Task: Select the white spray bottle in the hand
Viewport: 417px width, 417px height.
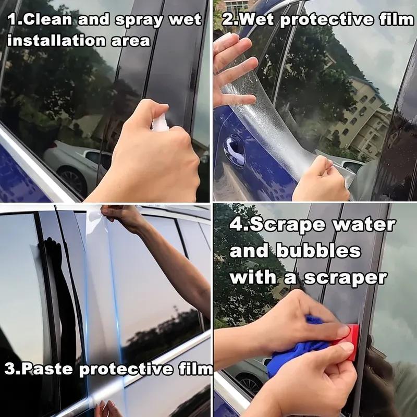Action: point(160,124)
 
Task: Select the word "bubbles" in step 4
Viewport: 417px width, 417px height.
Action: point(322,251)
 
